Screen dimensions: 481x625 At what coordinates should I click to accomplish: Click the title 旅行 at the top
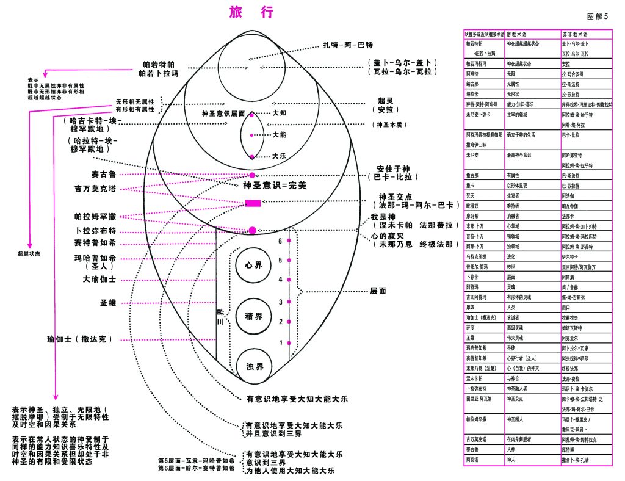click(251, 12)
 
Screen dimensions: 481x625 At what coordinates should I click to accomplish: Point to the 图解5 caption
click(596, 16)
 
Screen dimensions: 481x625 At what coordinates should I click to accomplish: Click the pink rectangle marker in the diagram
click(253, 203)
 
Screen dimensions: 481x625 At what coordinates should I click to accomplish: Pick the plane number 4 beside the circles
click(281, 280)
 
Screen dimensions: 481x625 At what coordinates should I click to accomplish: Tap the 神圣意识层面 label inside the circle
click(223, 114)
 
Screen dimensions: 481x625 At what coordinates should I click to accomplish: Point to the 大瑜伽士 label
click(99, 280)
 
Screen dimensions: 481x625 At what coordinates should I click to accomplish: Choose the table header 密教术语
click(516, 35)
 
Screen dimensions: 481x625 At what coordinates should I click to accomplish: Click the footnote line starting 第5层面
click(196, 460)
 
